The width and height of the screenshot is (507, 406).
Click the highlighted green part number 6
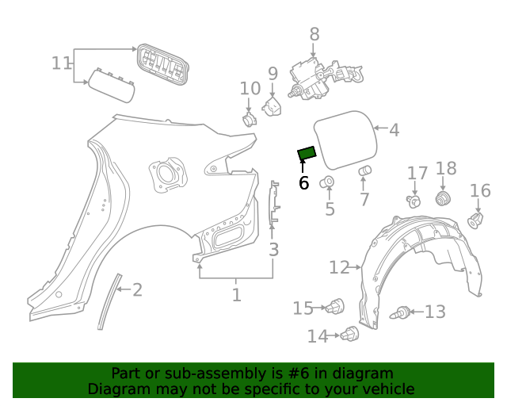point(307,153)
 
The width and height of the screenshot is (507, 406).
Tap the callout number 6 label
point(303,183)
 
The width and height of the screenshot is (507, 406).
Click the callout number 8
point(314,34)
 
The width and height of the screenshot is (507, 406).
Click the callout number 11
point(62,63)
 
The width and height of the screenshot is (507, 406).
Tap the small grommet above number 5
point(327,184)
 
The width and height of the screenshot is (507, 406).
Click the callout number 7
point(364,200)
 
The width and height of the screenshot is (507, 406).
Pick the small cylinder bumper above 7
point(366,171)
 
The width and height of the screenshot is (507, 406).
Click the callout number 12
point(339,268)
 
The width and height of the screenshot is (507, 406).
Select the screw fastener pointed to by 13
point(402,312)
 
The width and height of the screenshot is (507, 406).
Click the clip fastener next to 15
point(337,306)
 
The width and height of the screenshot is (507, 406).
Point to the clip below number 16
point(477,218)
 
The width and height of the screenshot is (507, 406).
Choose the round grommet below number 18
point(444,197)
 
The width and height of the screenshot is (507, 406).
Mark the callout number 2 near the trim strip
point(138,290)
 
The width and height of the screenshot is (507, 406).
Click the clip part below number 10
point(248,120)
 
